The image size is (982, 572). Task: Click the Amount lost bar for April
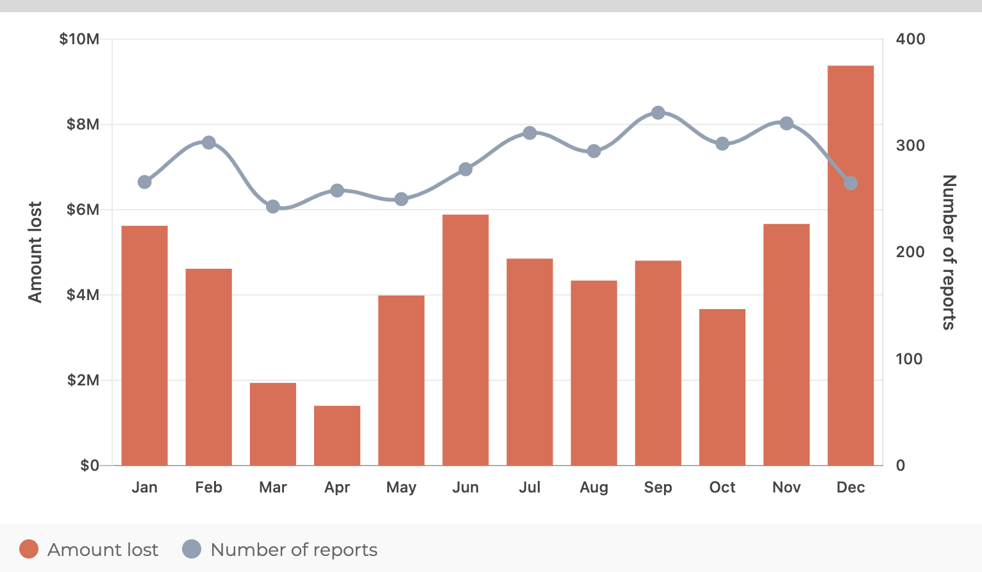337,435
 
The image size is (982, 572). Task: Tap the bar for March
273,424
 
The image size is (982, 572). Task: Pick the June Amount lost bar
465,340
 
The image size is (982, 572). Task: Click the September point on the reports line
658,113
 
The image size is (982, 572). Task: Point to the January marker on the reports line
145,182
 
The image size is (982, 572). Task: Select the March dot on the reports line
273,206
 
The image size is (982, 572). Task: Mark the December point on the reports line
851,183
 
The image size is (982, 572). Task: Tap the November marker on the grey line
786,124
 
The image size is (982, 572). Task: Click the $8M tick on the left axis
83,124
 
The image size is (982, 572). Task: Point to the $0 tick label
89,466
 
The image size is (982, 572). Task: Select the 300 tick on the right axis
910,146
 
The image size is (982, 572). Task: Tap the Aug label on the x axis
594,487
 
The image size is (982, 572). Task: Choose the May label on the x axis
401,487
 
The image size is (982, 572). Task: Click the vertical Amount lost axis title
35,252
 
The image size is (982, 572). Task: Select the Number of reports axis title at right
949,252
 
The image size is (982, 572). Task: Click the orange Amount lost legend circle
29,550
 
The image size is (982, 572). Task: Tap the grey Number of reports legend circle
192,550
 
